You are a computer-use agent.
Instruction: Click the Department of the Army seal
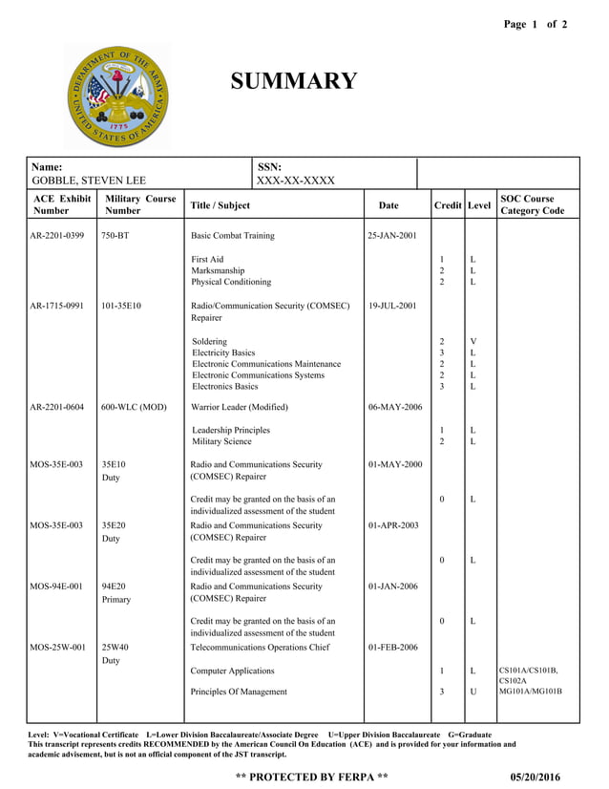(118, 96)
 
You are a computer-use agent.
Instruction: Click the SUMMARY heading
(294, 81)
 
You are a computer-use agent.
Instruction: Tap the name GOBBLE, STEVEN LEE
(89, 181)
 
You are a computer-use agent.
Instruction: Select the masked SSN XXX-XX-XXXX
(296, 181)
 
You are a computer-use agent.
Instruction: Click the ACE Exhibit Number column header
(62, 204)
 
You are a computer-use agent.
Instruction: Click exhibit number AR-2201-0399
(62, 235)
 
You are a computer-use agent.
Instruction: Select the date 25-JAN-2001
(391, 235)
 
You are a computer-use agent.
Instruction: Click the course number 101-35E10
(121, 306)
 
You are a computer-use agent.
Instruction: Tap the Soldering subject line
(210, 341)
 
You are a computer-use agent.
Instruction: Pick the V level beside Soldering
(472, 341)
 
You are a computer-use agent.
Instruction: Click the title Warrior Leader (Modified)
(240, 407)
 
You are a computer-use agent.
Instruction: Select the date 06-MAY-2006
(394, 407)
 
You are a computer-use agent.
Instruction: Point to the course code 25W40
(115, 648)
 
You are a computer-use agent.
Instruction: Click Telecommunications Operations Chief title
(260, 648)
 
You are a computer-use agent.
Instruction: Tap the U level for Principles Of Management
(472, 692)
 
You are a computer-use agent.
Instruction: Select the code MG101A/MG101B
(531, 692)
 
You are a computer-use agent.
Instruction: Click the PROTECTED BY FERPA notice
(311, 777)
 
